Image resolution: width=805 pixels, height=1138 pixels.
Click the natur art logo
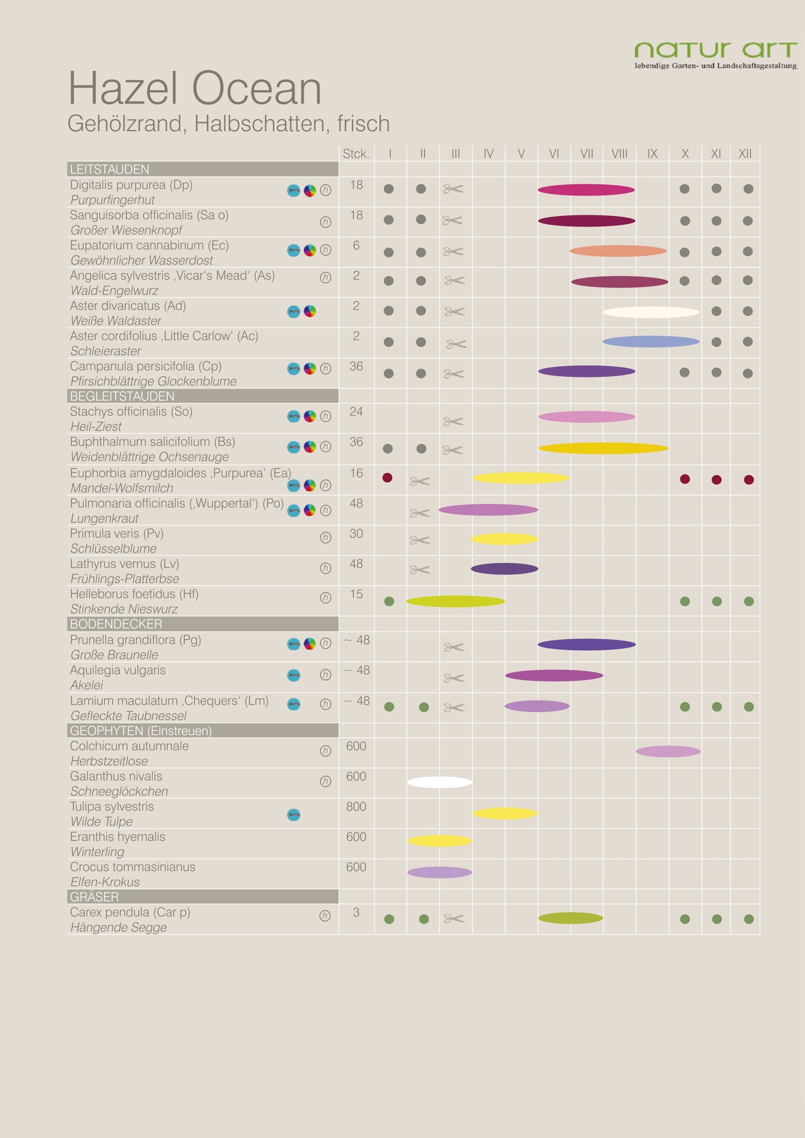(x=716, y=55)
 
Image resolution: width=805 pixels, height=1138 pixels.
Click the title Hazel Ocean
(x=195, y=89)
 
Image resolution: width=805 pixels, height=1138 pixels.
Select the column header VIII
(x=619, y=154)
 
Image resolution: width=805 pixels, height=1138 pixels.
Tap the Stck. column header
(x=356, y=154)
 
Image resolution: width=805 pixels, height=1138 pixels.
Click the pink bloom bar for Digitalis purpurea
(x=586, y=190)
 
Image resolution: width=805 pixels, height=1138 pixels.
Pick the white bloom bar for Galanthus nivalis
(x=440, y=782)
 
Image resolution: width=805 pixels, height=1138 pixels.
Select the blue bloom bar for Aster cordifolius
(x=651, y=341)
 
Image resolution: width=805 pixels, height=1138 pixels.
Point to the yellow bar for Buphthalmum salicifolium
(x=603, y=448)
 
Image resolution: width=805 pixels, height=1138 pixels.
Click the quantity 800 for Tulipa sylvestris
(x=356, y=806)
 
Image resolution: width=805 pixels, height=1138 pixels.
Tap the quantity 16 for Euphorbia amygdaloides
(x=356, y=473)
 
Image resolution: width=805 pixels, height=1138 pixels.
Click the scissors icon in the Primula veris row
(x=420, y=539)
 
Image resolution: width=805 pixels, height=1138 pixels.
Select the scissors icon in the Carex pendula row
(x=454, y=918)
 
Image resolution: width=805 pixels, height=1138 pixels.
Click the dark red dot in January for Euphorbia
(x=388, y=477)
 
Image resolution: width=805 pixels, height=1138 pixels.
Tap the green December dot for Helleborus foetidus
(x=749, y=601)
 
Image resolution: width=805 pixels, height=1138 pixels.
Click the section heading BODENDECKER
(x=116, y=624)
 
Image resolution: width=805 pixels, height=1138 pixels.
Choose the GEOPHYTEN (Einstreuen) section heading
(x=141, y=731)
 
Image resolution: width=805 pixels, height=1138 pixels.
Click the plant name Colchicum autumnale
(x=129, y=746)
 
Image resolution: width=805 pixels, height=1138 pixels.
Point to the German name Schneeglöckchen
(x=119, y=791)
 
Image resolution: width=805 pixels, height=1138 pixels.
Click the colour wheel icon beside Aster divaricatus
(x=310, y=311)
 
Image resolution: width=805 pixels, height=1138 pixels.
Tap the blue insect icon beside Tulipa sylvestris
(x=294, y=815)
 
